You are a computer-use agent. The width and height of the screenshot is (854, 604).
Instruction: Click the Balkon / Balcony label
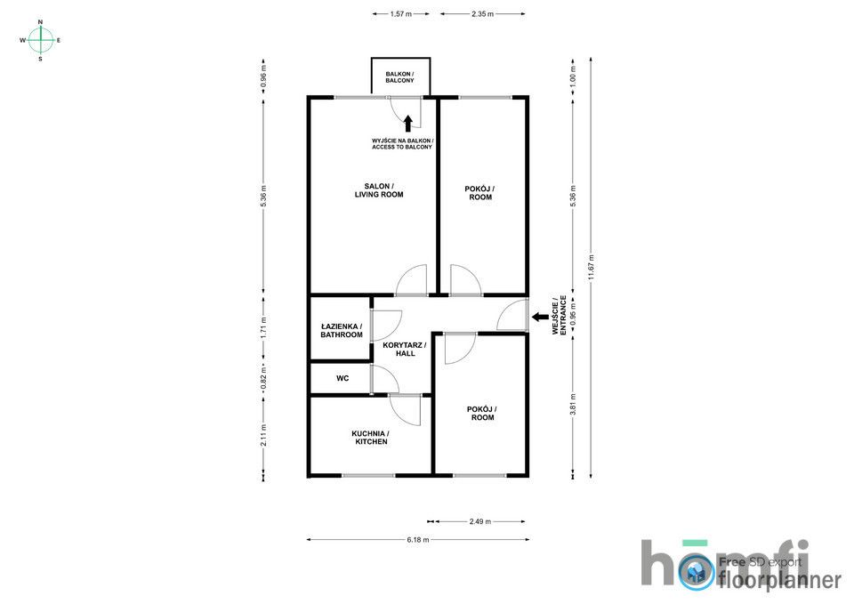[x=399, y=77]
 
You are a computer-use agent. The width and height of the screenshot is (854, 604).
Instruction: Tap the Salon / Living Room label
[x=379, y=190]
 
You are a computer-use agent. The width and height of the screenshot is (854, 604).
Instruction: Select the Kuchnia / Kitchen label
[x=371, y=438]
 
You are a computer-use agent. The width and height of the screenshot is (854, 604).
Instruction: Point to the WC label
[x=342, y=378]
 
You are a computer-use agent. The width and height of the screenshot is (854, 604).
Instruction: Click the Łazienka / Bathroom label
[x=342, y=331]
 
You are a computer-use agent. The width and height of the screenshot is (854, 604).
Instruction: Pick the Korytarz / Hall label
[x=405, y=349]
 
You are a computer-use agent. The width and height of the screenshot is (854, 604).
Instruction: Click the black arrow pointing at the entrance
[x=540, y=317]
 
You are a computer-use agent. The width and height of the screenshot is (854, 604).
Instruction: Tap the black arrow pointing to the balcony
[x=408, y=123]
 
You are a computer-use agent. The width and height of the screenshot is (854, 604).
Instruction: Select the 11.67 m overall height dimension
[x=591, y=268]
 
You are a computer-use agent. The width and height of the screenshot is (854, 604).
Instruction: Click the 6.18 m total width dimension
[x=418, y=540]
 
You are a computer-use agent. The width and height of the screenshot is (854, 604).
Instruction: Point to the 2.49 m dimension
[x=479, y=521]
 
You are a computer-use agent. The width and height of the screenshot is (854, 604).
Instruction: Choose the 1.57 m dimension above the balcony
[x=400, y=14]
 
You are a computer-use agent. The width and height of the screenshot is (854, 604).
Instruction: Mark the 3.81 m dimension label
[x=572, y=405]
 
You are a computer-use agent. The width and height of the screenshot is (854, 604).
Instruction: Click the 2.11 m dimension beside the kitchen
[x=263, y=435]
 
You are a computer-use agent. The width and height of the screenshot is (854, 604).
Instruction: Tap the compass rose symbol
[x=40, y=40]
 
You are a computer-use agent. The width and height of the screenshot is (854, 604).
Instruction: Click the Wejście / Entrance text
[x=560, y=316]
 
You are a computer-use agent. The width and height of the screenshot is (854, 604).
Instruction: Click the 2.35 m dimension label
[x=482, y=14]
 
